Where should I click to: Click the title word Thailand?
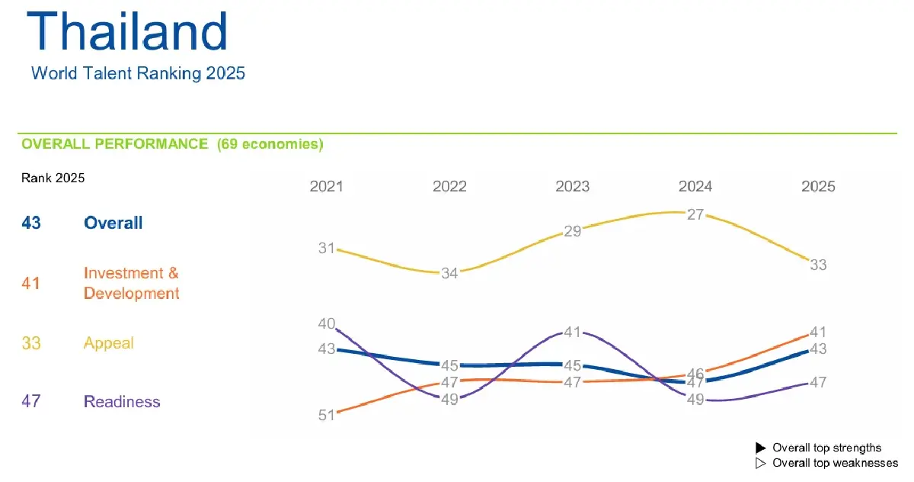(x=127, y=32)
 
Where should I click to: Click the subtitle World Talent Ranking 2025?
(x=138, y=74)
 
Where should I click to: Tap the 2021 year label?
(x=326, y=187)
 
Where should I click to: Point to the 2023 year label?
(x=572, y=187)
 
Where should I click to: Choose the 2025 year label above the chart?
(x=818, y=187)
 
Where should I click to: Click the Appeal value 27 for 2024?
(x=695, y=214)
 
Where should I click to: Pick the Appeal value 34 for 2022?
(x=449, y=273)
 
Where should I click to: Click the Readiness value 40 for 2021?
(x=327, y=324)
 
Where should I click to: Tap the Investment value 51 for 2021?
(x=327, y=416)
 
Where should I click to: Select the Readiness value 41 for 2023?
(x=573, y=333)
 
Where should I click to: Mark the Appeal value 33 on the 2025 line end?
(x=818, y=265)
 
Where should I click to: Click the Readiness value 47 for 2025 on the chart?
(x=818, y=383)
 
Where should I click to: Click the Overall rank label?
(x=113, y=223)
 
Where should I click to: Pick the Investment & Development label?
(x=131, y=283)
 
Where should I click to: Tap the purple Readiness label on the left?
(x=122, y=402)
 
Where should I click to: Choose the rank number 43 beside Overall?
(x=31, y=223)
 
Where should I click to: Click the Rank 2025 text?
(x=53, y=178)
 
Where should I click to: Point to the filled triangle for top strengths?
(x=759, y=448)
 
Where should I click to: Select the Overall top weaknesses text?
(x=835, y=463)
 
